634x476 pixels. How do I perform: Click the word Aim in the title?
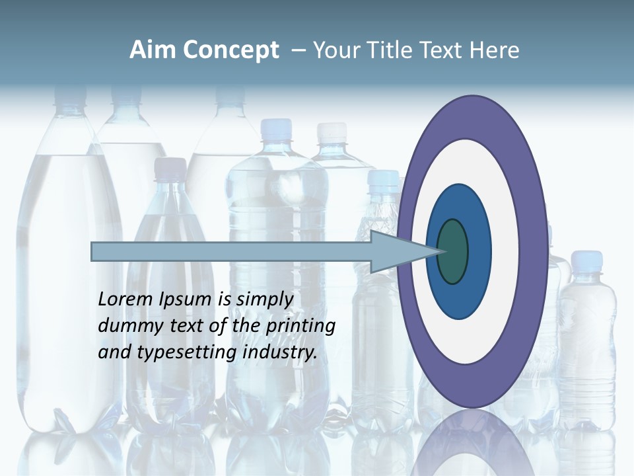[x=153, y=50]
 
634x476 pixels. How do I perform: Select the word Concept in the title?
[x=230, y=50]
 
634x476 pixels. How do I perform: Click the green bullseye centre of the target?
[x=452, y=251]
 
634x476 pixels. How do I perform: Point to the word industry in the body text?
[x=280, y=352]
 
